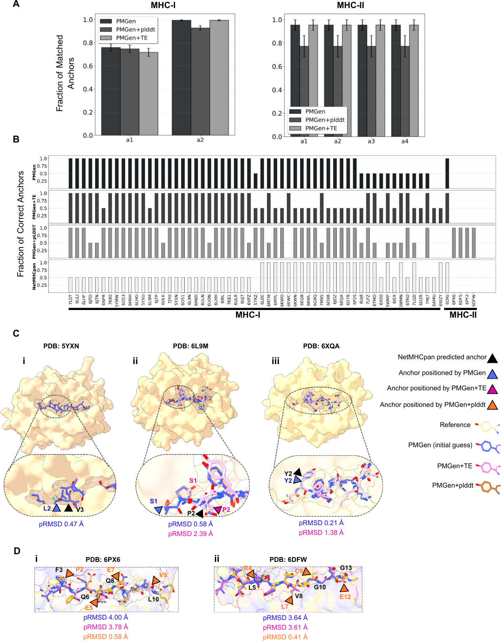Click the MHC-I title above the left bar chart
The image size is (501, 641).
pyautogui.click(x=163, y=5)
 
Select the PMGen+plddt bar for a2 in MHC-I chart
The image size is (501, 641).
pyautogui.click(x=200, y=81)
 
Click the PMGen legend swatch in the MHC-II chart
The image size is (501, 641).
pyautogui.click(x=295, y=111)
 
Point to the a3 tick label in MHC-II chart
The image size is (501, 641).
pyautogui.click(x=371, y=141)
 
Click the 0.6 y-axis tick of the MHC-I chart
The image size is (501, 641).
pyautogui.click(x=88, y=66)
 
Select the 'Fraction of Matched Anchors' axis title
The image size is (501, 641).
pyautogui.click(x=65, y=73)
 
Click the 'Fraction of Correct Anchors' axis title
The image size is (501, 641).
pyautogui.click(x=21, y=224)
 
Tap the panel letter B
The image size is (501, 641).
pyautogui.click(x=16, y=139)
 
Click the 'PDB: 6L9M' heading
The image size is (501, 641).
pyautogui.click(x=190, y=346)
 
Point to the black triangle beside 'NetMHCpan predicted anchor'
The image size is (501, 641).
pyautogui.click(x=492, y=358)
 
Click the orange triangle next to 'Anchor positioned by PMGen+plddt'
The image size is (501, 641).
pyautogui.click(x=492, y=405)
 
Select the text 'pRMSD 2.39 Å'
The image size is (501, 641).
pyautogui.click(x=190, y=534)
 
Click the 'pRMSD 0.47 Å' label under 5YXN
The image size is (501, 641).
pyautogui.click(x=61, y=524)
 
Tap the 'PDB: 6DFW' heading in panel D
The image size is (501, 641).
pyautogui.click(x=288, y=559)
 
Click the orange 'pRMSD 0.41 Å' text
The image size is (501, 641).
pyautogui.click(x=285, y=637)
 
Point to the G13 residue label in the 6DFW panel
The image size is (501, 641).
pyautogui.click(x=346, y=568)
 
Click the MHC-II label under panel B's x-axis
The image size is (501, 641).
pyautogui.click(x=463, y=315)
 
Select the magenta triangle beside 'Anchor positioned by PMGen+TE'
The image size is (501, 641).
pyautogui.click(x=492, y=389)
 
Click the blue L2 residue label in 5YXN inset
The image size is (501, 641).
pyautogui.click(x=47, y=508)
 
